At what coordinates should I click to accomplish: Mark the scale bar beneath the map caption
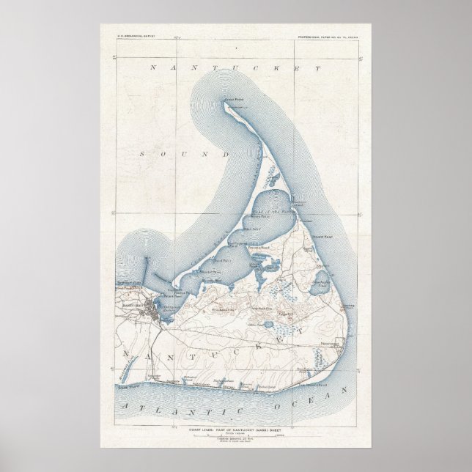(235, 438)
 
